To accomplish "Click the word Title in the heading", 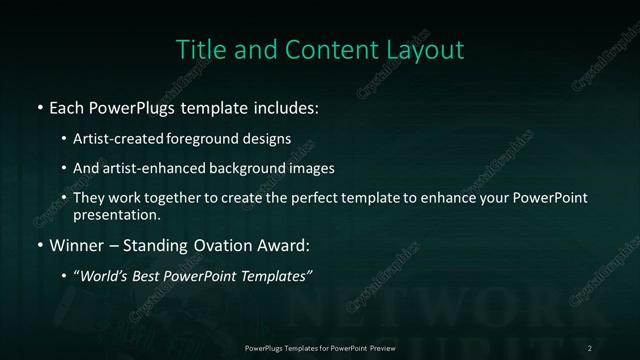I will [198, 49].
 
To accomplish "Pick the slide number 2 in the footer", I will [590, 347].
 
